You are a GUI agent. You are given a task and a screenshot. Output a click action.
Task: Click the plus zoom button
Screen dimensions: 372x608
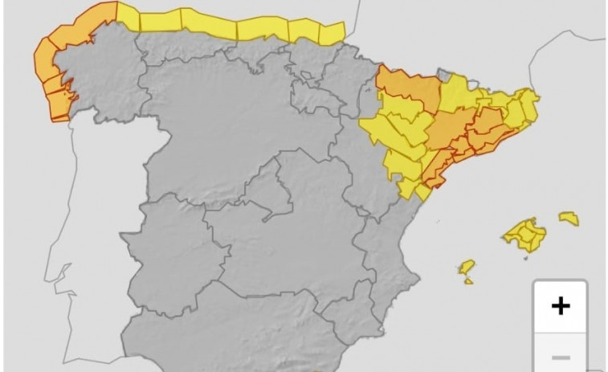pyautogui.click(x=560, y=305)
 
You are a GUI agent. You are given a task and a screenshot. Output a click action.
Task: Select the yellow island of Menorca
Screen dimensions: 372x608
pyautogui.click(x=569, y=218)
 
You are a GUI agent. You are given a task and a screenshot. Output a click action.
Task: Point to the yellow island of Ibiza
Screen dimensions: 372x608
pyautogui.click(x=467, y=267)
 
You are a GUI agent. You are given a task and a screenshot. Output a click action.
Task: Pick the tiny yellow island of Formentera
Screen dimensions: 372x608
pyautogui.click(x=469, y=281)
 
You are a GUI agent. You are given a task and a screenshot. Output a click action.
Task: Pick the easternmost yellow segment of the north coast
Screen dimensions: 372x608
pyautogui.click(x=332, y=32)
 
